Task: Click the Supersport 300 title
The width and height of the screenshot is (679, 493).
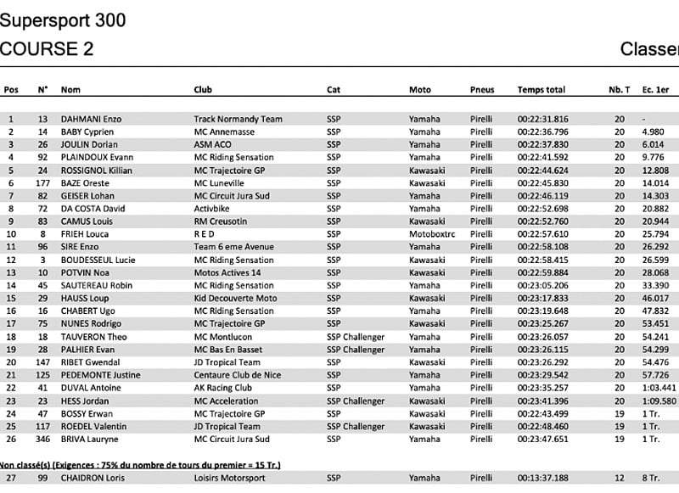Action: pyautogui.click(x=63, y=20)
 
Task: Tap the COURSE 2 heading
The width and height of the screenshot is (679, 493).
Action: pyautogui.click(x=47, y=49)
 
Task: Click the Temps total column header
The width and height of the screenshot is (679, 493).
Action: pyautogui.click(x=541, y=90)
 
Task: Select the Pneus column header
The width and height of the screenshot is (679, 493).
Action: pyautogui.click(x=482, y=90)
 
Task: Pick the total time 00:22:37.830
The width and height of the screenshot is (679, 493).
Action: pyautogui.click(x=543, y=144)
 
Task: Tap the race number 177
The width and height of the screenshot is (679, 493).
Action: pyautogui.click(x=42, y=182)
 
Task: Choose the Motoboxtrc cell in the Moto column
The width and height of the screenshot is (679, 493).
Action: pyautogui.click(x=432, y=234)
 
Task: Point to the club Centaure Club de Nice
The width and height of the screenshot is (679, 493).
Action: pyautogui.click(x=240, y=375)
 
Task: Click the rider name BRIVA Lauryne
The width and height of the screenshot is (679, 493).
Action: pyautogui.click(x=90, y=439)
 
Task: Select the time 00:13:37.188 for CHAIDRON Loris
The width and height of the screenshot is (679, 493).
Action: pyautogui.click(x=543, y=479)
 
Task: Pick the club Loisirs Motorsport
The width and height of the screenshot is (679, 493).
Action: pyautogui.click(x=229, y=479)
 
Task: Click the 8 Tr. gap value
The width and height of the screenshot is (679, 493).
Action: pyautogui.click(x=651, y=479)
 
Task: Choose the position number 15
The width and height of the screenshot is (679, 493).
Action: pyautogui.click(x=11, y=298)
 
